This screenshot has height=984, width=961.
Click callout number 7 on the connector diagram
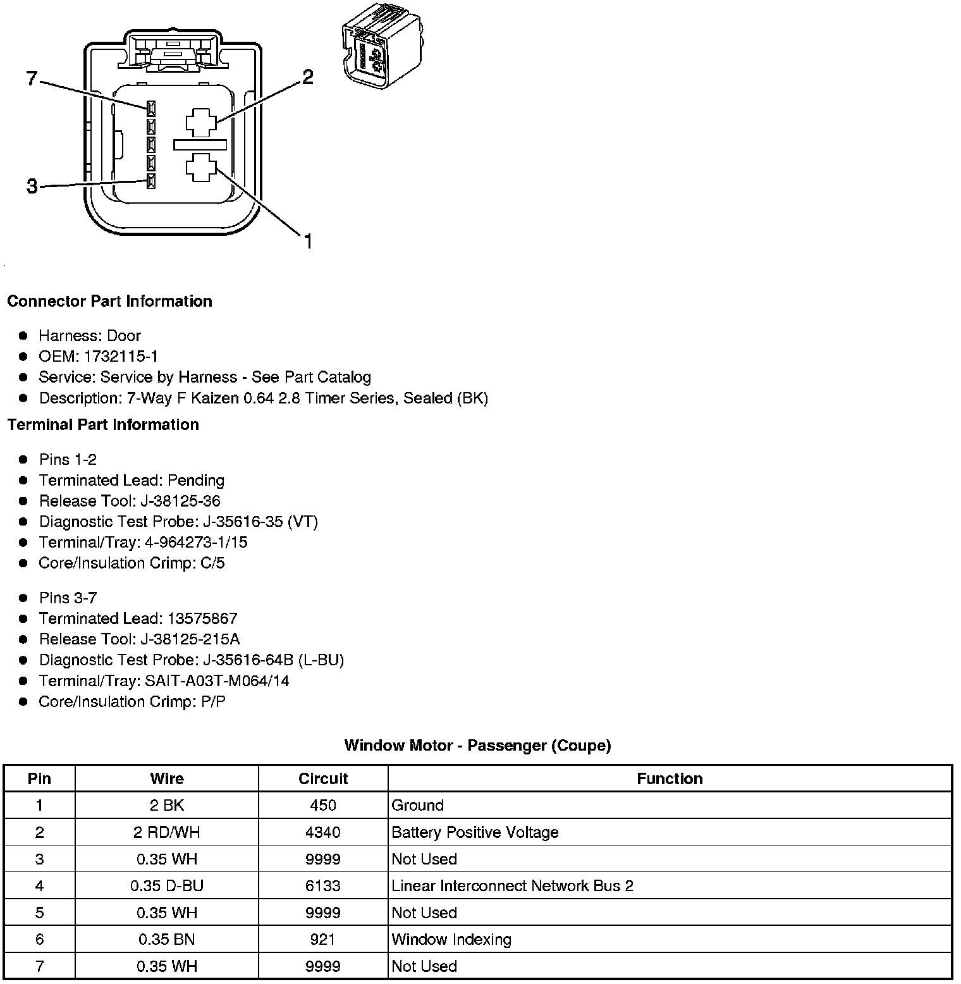click(x=32, y=79)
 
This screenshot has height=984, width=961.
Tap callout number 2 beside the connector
click(x=307, y=77)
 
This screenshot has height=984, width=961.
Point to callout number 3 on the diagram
click(x=32, y=187)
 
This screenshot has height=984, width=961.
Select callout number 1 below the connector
click(x=308, y=241)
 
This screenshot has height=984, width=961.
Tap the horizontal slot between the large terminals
click(x=200, y=145)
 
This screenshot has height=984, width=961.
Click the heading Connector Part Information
click(x=109, y=301)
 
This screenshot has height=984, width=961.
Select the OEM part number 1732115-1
click(x=121, y=356)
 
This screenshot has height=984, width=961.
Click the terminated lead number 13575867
click(x=202, y=618)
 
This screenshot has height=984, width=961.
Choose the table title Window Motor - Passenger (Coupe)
click(x=477, y=746)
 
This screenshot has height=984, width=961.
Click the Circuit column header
click(x=323, y=778)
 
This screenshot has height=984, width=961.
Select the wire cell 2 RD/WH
click(x=166, y=832)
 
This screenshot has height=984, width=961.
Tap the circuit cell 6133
click(x=323, y=885)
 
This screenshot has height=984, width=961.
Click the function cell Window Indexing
click(x=451, y=939)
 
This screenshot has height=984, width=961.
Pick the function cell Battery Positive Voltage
click(x=475, y=832)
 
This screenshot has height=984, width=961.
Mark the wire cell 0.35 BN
click(x=166, y=939)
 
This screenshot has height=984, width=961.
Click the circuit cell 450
click(x=323, y=805)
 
